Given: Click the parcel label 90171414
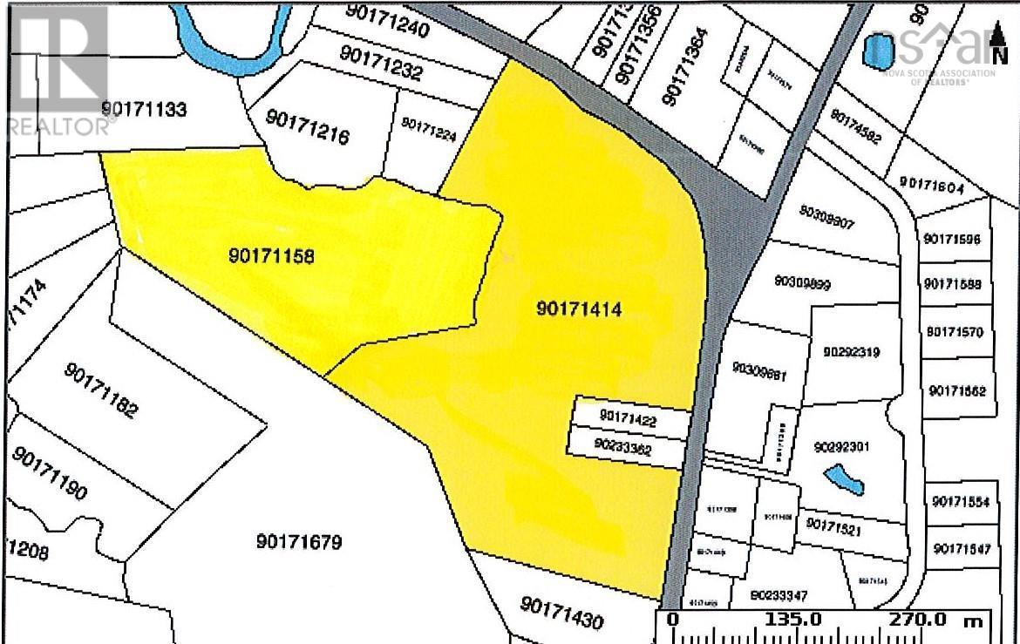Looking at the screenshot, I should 580,308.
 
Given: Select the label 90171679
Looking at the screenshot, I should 299,542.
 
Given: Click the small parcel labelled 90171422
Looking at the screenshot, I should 627,419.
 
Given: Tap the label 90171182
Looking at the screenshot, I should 101,390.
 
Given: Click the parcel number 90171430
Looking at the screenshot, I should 561,613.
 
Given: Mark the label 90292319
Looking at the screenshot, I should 851,353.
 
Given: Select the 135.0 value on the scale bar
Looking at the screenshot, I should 792,620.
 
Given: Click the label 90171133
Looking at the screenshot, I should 144,110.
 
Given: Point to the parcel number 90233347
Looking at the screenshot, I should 779,596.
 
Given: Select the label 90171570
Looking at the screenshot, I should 955,332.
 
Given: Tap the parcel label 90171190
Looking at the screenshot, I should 50,474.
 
